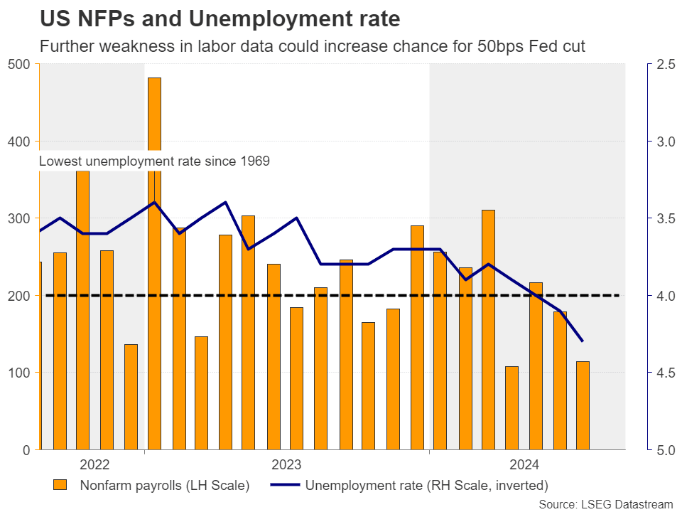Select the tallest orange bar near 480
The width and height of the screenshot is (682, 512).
[154, 263]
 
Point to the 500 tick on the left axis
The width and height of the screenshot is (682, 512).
[18, 65]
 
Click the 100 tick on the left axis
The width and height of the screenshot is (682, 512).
[18, 373]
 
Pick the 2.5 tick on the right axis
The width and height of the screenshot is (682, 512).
[666, 65]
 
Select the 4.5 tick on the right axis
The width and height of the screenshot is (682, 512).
[666, 373]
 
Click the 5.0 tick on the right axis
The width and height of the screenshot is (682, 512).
[666, 450]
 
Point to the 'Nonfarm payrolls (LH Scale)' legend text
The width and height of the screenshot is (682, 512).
[164, 486]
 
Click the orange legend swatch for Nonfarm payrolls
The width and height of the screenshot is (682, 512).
[60, 486]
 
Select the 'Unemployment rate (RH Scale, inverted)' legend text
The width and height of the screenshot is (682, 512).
[426, 486]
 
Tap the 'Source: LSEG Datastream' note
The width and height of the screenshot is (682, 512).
[605, 504]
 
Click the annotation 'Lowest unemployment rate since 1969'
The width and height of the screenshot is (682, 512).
[154, 161]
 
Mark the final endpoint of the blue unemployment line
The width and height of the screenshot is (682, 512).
[583, 341]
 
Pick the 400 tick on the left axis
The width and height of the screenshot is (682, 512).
[18, 142]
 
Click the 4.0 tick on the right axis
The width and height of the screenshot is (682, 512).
[666, 296]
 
